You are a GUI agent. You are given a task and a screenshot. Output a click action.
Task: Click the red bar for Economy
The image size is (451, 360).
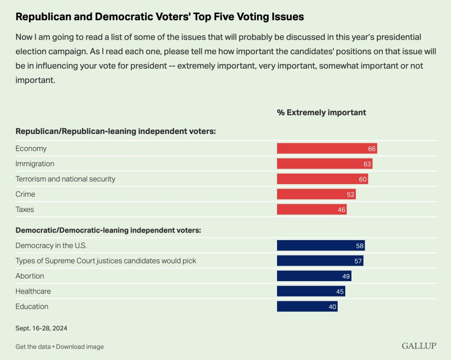327,148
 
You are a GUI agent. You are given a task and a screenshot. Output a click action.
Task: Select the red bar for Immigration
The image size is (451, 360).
325,164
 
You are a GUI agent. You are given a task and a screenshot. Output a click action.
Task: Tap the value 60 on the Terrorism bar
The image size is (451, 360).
363,179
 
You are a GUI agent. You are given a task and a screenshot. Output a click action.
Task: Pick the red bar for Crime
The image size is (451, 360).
316,194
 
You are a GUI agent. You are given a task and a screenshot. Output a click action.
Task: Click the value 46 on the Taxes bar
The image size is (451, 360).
341,210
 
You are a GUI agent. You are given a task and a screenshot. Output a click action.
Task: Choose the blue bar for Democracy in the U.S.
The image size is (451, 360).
321,245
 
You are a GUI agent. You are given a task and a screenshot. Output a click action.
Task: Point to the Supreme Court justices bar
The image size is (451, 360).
320,261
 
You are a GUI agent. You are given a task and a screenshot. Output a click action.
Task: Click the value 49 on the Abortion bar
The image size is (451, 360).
346,276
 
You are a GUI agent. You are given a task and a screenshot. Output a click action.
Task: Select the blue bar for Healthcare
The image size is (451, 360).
311,291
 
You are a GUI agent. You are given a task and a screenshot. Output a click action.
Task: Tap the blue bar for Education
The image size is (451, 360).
307,307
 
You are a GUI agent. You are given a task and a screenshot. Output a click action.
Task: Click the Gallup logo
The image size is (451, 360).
419,346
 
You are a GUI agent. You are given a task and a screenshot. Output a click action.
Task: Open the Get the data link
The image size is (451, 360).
33,347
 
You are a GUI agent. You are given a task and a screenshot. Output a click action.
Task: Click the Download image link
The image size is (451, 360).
80,347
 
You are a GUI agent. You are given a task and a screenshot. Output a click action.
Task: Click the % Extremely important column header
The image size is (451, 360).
321,112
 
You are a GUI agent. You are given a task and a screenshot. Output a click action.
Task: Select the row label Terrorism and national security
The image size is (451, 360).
65,179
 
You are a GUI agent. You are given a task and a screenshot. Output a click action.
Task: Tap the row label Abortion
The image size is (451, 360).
30,276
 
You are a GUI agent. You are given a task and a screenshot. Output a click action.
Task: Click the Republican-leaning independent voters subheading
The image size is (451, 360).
115,131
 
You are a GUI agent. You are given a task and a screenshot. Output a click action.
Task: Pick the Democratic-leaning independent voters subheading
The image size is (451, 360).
108,230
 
